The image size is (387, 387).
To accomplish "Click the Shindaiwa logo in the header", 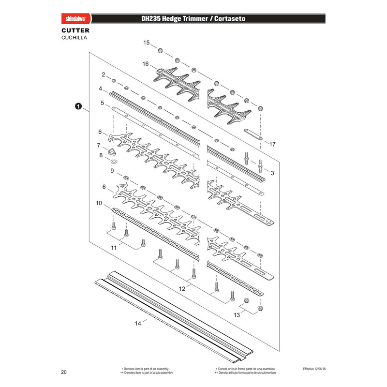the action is tap(76, 19).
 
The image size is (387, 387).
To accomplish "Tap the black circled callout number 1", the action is tap(78, 106).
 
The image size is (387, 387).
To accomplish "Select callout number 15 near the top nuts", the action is tap(147, 43).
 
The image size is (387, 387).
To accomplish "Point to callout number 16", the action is tap(146, 64).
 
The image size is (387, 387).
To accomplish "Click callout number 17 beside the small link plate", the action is tap(272, 144).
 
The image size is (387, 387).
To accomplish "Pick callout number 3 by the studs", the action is tap(272, 173).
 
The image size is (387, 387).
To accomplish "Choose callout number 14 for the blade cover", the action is tap(138, 323).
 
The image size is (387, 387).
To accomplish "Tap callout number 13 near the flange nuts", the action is tap(237, 315).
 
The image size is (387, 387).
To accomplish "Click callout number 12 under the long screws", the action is tap(182, 289).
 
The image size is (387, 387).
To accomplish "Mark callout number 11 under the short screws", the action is tap(114, 248).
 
